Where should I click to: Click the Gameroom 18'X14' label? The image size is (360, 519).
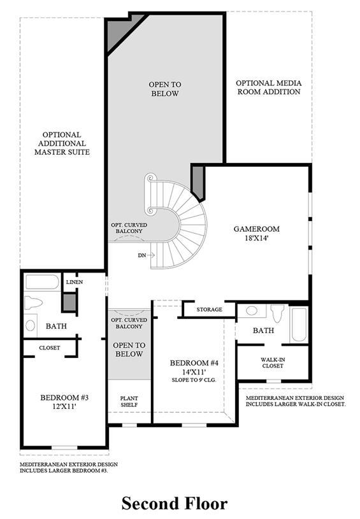coord(256,233)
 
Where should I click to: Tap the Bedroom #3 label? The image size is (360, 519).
coord(64,401)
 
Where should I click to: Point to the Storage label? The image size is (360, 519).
coord(210,309)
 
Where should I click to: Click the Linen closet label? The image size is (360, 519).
coord(75,282)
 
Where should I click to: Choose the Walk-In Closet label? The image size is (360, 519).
coord(273,363)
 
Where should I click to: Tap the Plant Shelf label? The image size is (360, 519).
coord(129,401)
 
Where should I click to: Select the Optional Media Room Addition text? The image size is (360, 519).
coord(269,87)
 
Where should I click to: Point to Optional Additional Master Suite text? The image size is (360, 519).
coord(62,143)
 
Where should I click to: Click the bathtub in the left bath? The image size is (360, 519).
coord(43,282)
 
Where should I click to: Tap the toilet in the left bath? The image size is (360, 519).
coord(33,302)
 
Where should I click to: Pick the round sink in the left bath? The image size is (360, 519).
coord(30,325)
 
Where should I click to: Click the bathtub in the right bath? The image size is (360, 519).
coord(299,325)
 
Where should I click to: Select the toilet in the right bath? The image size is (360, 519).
coord(277,313)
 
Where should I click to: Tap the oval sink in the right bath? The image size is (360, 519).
coord(252,311)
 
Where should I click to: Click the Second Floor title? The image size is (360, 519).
coord(175,504)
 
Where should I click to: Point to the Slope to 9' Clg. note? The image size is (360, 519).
coord(194,380)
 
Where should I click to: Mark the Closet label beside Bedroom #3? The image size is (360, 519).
coord(49,348)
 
